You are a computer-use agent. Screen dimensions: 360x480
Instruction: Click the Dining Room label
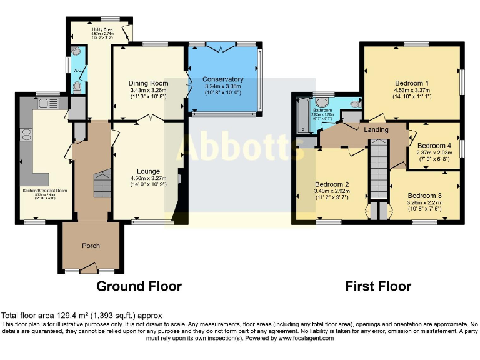click(149, 83)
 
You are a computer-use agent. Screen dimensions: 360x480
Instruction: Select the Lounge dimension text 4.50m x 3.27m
click(149, 178)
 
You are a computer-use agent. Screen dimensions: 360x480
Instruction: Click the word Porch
click(91, 246)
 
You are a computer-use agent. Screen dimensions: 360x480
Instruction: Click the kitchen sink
click(48, 102)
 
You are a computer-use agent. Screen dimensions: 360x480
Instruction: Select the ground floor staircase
click(100, 185)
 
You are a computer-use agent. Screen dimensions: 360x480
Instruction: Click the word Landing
click(376, 130)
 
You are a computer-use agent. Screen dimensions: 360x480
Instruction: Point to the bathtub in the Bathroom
click(302, 116)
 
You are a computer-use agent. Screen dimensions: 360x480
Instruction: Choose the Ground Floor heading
click(139, 286)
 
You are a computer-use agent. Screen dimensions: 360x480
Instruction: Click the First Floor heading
click(379, 286)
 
